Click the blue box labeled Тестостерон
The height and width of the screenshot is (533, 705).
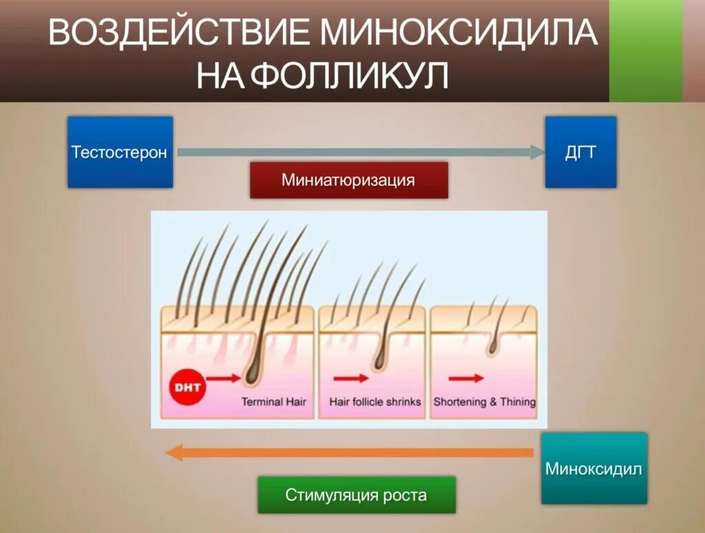[120, 152]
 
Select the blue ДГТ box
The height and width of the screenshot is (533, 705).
[580, 152]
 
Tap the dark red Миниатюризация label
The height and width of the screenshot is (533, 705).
[348, 180]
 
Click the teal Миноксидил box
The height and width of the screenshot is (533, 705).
[593, 468]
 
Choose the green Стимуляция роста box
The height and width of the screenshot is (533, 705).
[356, 494]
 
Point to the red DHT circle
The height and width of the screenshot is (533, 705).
[187, 387]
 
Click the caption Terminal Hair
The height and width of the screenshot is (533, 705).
[273, 401]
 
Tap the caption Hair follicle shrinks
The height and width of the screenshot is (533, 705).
[375, 401]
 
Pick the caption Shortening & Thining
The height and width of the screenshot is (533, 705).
[484, 401]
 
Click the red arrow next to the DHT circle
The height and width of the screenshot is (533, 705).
[224, 377]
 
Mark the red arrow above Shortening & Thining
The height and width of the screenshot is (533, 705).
[465, 377]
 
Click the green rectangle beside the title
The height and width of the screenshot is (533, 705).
[645, 51]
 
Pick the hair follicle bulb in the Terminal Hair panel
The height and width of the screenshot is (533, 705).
[253, 373]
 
